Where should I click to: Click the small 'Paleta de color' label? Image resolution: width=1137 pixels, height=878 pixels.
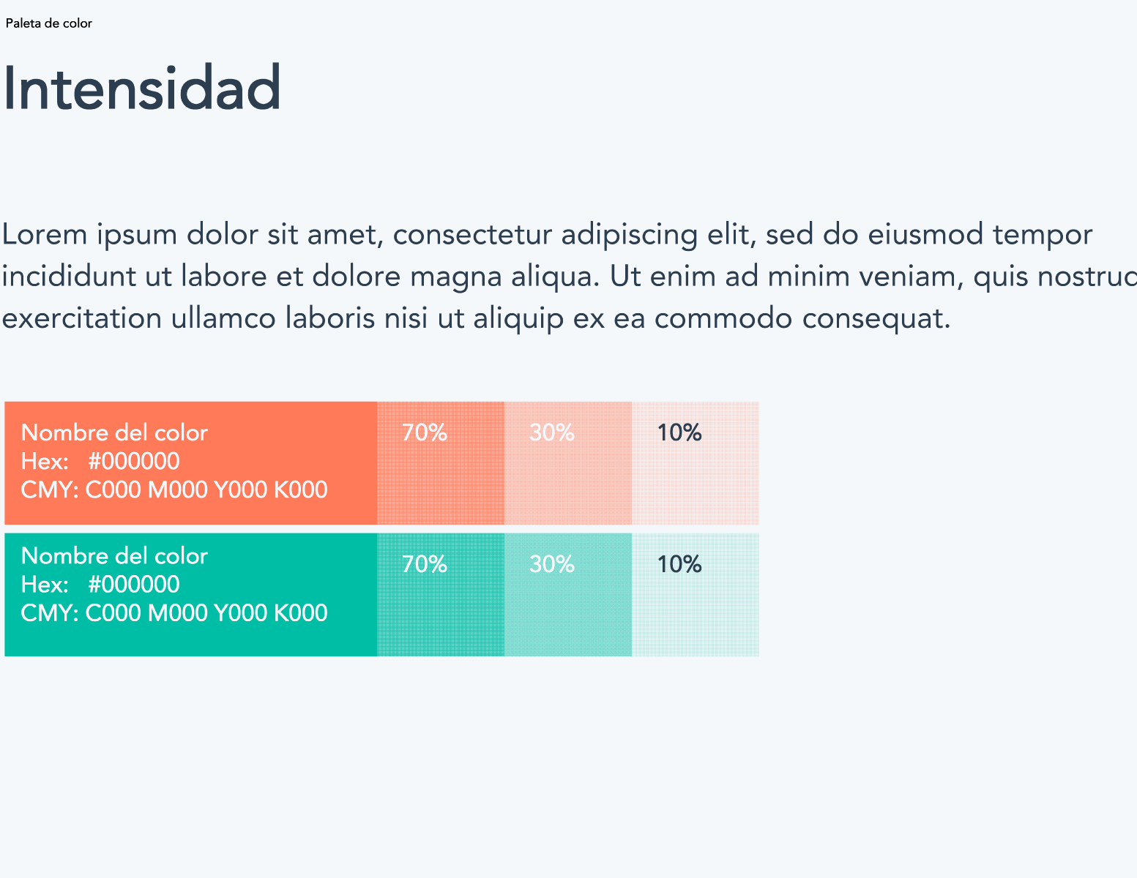[x=48, y=23]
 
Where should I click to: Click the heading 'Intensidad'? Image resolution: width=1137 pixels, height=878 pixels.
[x=142, y=87]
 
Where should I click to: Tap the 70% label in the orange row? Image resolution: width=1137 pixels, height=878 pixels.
[x=425, y=432]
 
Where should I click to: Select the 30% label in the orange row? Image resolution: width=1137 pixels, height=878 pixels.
[x=552, y=432]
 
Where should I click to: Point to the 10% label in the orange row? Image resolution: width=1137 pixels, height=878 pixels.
[x=679, y=432]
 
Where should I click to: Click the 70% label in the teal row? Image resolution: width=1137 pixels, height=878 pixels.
[x=425, y=564]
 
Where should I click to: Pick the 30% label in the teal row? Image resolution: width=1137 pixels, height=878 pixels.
[x=552, y=564]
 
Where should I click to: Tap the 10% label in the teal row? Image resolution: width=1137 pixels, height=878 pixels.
[x=679, y=564]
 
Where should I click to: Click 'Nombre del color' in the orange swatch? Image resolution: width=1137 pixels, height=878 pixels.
[x=114, y=432]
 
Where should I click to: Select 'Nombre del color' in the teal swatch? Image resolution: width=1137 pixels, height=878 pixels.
[x=114, y=555]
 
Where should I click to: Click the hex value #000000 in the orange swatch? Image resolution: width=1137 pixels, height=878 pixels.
[x=134, y=461]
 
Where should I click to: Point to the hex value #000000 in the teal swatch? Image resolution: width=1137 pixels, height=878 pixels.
[x=134, y=584]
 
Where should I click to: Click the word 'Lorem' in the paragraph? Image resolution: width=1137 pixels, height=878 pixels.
[x=45, y=233]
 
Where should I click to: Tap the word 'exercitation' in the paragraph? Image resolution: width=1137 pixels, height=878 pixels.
[x=81, y=318]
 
